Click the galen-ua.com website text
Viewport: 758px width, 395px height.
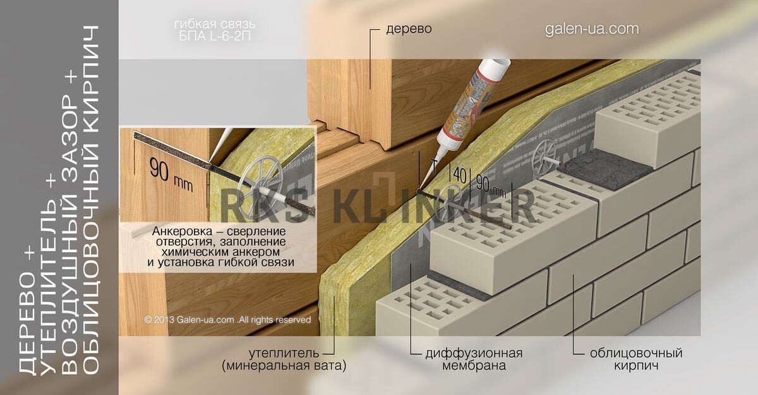592,29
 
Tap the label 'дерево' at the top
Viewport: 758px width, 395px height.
409,29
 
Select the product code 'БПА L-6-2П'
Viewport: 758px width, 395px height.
215,36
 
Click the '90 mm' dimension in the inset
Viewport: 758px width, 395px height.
171,174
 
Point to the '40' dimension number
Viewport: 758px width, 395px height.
460,175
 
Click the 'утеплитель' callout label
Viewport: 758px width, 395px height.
284,353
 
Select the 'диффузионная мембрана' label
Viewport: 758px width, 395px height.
474,360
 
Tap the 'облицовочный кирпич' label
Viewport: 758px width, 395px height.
636,360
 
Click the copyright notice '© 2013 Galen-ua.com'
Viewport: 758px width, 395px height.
189,320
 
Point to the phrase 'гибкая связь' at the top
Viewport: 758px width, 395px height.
215,25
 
